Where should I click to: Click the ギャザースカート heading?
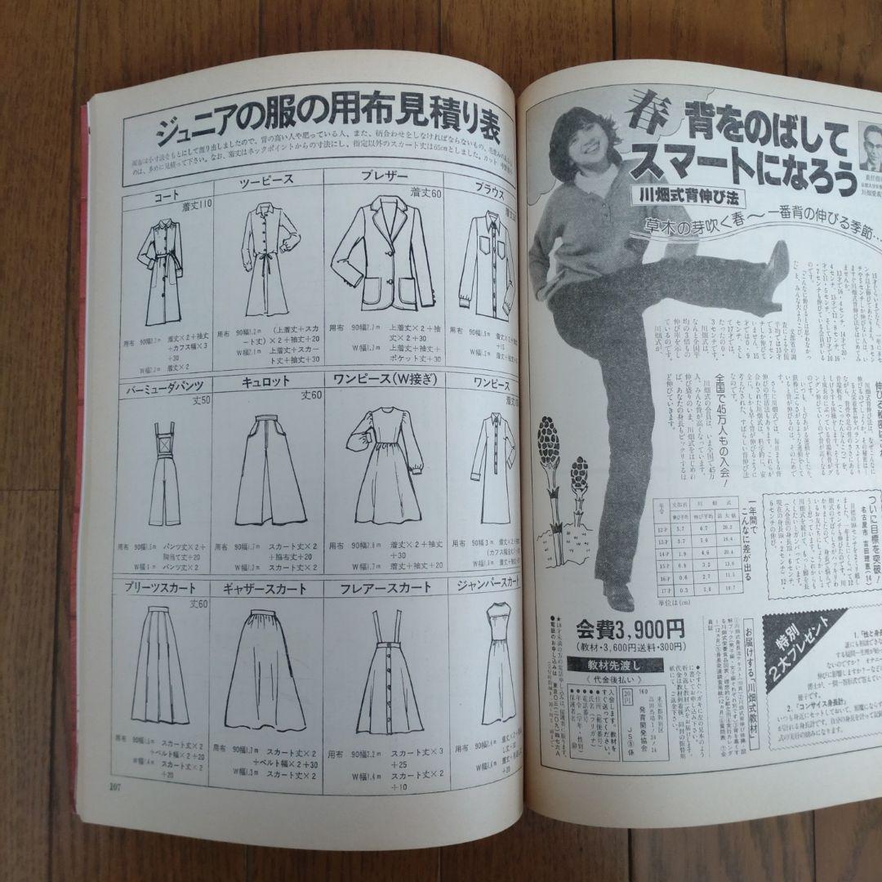pos(265,588)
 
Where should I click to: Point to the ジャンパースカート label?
pos(487,584)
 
